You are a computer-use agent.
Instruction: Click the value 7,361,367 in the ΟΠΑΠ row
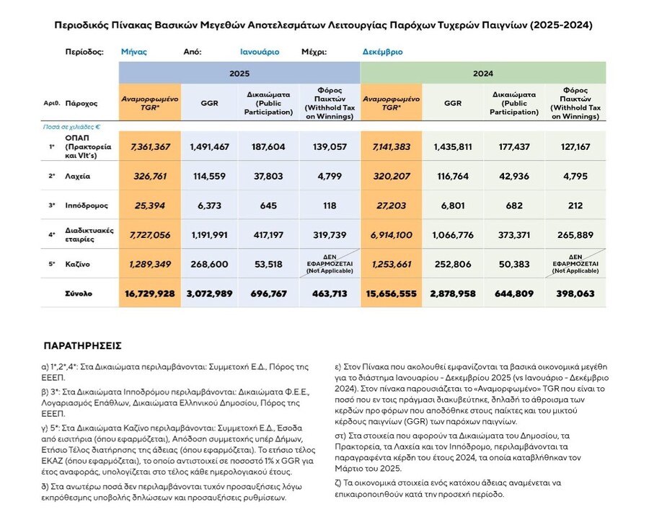(x=150, y=146)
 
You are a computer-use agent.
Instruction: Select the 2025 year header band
(x=239, y=74)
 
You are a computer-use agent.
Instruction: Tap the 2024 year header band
(x=482, y=74)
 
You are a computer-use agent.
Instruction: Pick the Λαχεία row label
(x=79, y=176)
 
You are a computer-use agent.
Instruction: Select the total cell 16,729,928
(x=150, y=294)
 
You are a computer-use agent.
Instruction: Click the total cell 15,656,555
(x=392, y=294)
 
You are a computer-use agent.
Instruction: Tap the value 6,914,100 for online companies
(x=392, y=234)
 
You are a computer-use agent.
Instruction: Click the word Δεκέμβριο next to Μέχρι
(x=383, y=52)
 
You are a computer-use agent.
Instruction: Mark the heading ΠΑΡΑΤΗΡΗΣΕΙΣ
(x=82, y=345)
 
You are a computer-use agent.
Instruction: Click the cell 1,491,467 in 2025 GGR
(x=209, y=146)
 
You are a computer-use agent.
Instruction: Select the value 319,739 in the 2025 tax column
(x=330, y=234)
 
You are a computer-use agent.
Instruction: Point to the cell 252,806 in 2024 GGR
(x=453, y=264)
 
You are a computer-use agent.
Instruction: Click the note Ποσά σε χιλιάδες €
(x=80, y=126)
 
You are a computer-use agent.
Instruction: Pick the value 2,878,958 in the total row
(x=453, y=294)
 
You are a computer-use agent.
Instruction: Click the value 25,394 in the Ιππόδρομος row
(x=150, y=206)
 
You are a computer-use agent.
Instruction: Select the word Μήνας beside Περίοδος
(x=135, y=52)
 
